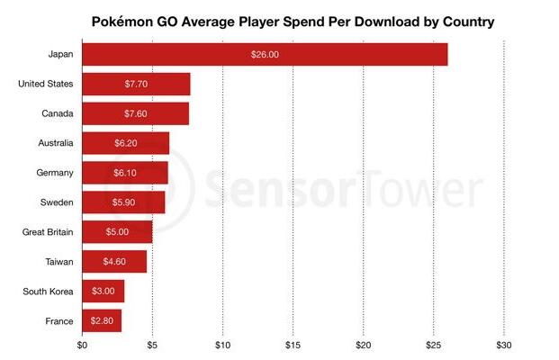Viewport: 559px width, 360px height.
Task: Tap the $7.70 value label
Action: (137, 85)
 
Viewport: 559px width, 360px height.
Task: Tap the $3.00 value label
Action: (104, 292)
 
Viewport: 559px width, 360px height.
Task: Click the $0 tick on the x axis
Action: (83, 344)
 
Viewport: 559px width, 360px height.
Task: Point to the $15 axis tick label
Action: (293, 344)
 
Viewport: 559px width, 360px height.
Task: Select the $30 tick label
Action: (504, 344)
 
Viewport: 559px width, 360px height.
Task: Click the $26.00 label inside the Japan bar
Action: (265, 55)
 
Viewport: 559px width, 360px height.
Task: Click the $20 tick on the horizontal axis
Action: (364, 344)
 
